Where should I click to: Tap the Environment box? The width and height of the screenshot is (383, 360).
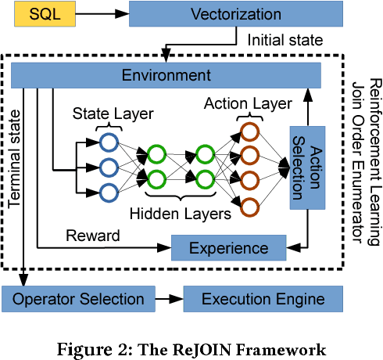[166, 75]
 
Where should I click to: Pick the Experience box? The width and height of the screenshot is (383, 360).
[229, 248]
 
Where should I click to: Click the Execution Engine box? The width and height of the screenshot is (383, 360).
[263, 299]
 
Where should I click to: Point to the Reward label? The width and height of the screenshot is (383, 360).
[92, 235]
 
